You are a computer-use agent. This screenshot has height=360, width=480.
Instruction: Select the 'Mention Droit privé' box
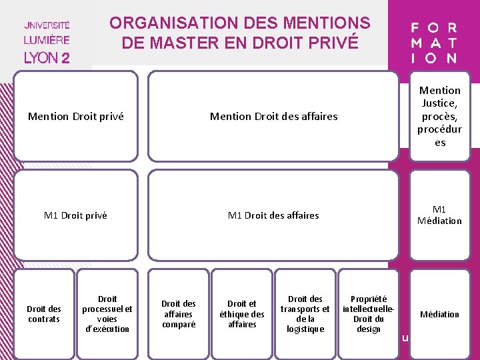(x=76, y=117)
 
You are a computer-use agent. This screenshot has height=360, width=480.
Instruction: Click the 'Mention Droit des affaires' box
(x=273, y=117)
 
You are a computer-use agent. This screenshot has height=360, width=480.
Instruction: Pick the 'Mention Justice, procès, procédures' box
(x=440, y=116)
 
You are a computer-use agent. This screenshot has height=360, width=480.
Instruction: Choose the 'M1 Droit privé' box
(x=75, y=215)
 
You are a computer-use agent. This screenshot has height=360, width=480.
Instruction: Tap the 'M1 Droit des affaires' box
(x=273, y=215)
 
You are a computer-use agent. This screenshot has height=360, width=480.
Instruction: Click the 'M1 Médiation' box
(x=440, y=215)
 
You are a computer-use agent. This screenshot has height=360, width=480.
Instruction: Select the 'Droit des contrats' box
(x=44, y=314)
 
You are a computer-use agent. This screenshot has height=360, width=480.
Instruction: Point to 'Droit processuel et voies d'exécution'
(x=107, y=314)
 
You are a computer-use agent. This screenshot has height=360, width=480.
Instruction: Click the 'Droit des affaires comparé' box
(x=179, y=314)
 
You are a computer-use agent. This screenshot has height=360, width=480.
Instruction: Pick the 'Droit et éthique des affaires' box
(x=242, y=314)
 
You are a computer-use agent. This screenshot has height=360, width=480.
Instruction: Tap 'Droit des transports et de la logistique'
(x=305, y=314)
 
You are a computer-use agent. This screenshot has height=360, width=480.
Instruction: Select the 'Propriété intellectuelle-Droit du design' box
(x=368, y=314)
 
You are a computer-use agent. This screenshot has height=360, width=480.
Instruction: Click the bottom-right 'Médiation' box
(x=440, y=314)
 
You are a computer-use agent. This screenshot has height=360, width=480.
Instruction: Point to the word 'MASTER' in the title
(x=189, y=43)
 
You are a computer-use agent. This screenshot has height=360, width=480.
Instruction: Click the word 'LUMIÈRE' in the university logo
(x=47, y=39)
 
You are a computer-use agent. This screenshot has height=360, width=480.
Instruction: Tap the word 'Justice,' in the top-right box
(x=440, y=103)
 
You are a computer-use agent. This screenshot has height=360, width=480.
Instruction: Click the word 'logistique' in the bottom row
(x=305, y=329)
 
